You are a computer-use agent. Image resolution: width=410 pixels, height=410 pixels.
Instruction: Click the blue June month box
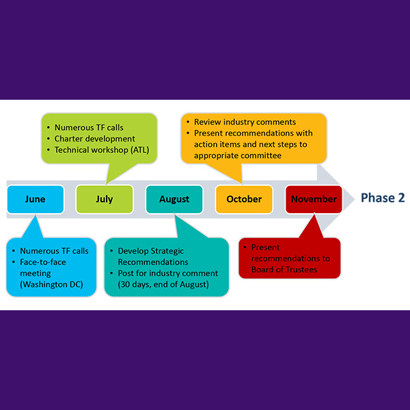pyautogui.click(x=36, y=200)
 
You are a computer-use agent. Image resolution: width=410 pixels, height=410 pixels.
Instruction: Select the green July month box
pyautogui.click(x=105, y=200)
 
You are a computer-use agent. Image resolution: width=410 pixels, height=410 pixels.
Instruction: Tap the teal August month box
pyautogui.click(x=174, y=200)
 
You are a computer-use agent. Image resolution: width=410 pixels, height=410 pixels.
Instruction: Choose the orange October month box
pyautogui.click(x=244, y=200)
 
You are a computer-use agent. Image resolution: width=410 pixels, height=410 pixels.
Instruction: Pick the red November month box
pyautogui.click(x=314, y=200)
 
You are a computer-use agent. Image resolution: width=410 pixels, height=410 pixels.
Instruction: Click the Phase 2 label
pyautogui.click(x=383, y=198)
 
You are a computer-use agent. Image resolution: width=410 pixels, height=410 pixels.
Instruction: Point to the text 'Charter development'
pyautogui.click(x=95, y=139)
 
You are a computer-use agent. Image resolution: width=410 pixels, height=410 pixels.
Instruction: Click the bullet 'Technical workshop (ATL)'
pyautogui.click(x=102, y=150)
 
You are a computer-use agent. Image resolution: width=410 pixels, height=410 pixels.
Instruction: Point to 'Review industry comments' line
pyautogui.click(x=245, y=122)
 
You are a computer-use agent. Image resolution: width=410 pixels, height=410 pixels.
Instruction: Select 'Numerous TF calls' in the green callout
pyautogui.click(x=89, y=127)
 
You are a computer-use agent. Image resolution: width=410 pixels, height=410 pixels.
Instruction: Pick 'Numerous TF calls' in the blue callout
pyautogui.click(x=54, y=251)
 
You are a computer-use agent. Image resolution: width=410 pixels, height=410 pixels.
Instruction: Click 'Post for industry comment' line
pyautogui.click(x=167, y=273)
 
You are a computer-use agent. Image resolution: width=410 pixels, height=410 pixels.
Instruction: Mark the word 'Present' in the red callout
pyautogui.click(x=266, y=247)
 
